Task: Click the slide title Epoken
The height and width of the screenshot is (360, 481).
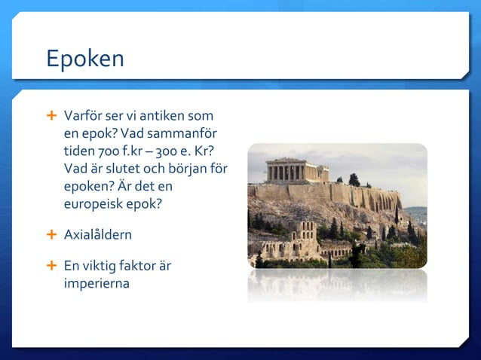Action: (84, 59)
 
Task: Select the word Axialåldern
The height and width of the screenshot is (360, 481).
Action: (98, 235)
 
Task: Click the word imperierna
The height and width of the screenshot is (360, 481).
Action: (97, 283)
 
